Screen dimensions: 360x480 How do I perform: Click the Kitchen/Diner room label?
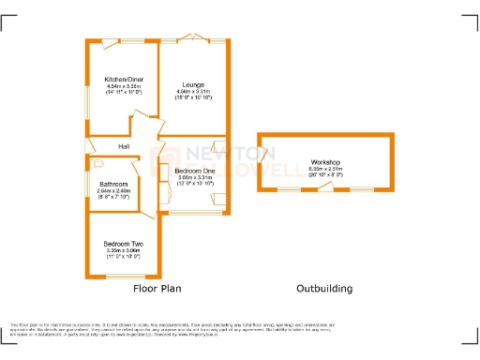point(124,79)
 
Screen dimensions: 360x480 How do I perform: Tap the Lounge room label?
point(193,84)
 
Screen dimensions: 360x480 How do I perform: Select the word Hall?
point(123,146)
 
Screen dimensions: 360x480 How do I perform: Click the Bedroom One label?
point(194,170)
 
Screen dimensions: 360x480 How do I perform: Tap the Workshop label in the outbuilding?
point(325,162)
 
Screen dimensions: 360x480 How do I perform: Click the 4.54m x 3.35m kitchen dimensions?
point(124,85)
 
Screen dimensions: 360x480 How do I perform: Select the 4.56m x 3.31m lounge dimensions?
point(193,91)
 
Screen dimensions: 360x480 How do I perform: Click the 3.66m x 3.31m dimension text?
point(194,176)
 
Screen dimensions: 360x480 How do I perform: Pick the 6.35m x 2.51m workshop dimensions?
point(325,169)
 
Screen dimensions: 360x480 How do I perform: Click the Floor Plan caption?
point(156,289)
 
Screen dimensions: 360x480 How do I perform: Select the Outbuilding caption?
point(324,289)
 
